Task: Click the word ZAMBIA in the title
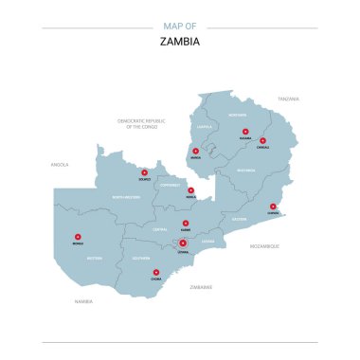(x=180, y=41)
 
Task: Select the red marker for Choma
(x=156, y=273)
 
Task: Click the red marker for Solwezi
(x=145, y=172)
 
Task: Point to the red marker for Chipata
(x=273, y=207)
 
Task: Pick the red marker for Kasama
(x=244, y=132)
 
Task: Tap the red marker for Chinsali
(x=262, y=141)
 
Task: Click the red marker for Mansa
(x=196, y=151)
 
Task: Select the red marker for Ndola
(x=190, y=190)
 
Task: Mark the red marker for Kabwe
(x=186, y=224)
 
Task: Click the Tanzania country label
(x=288, y=99)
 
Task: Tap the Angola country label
(x=61, y=164)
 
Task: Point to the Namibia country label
(x=84, y=301)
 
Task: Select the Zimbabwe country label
(x=201, y=286)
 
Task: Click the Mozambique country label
(x=264, y=245)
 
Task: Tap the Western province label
(x=94, y=258)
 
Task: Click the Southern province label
(x=141, y=258)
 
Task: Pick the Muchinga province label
(x=246, y=171)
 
